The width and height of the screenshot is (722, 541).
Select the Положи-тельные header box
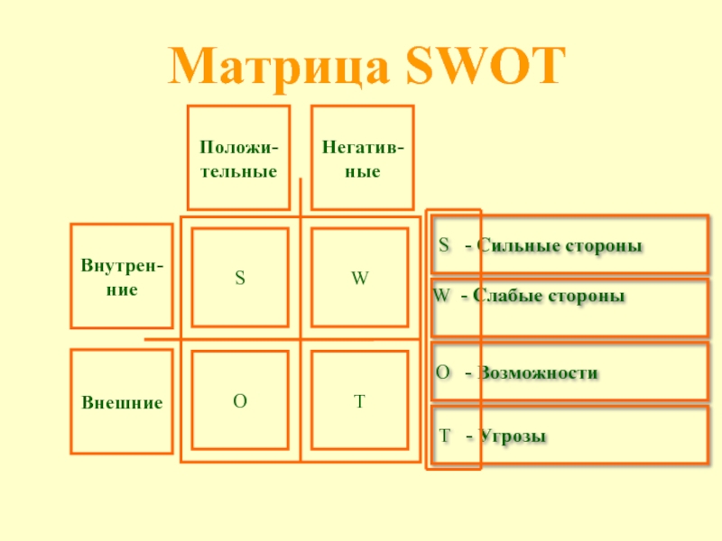point(238,158)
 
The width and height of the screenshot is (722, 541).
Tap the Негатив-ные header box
point(363,158)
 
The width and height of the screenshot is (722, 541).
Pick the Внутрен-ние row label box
point(122,277)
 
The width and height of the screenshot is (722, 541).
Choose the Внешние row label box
point(122,403)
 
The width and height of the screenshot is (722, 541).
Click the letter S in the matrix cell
point(240,279)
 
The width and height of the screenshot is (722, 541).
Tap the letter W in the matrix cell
point(359,279)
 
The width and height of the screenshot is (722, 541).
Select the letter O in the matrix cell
point(240,402)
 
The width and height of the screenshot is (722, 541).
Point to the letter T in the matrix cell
point(359,402)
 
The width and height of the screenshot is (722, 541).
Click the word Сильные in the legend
point(511,246)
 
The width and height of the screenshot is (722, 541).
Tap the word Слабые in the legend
point(504,297)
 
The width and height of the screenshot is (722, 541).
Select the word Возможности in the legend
point(538,373)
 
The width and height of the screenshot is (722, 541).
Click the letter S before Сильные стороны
point(444,245)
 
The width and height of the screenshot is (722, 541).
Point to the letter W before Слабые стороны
point(441,296)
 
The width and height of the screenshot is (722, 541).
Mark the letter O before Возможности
point(443,372)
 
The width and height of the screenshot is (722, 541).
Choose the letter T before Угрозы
point(444,436)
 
